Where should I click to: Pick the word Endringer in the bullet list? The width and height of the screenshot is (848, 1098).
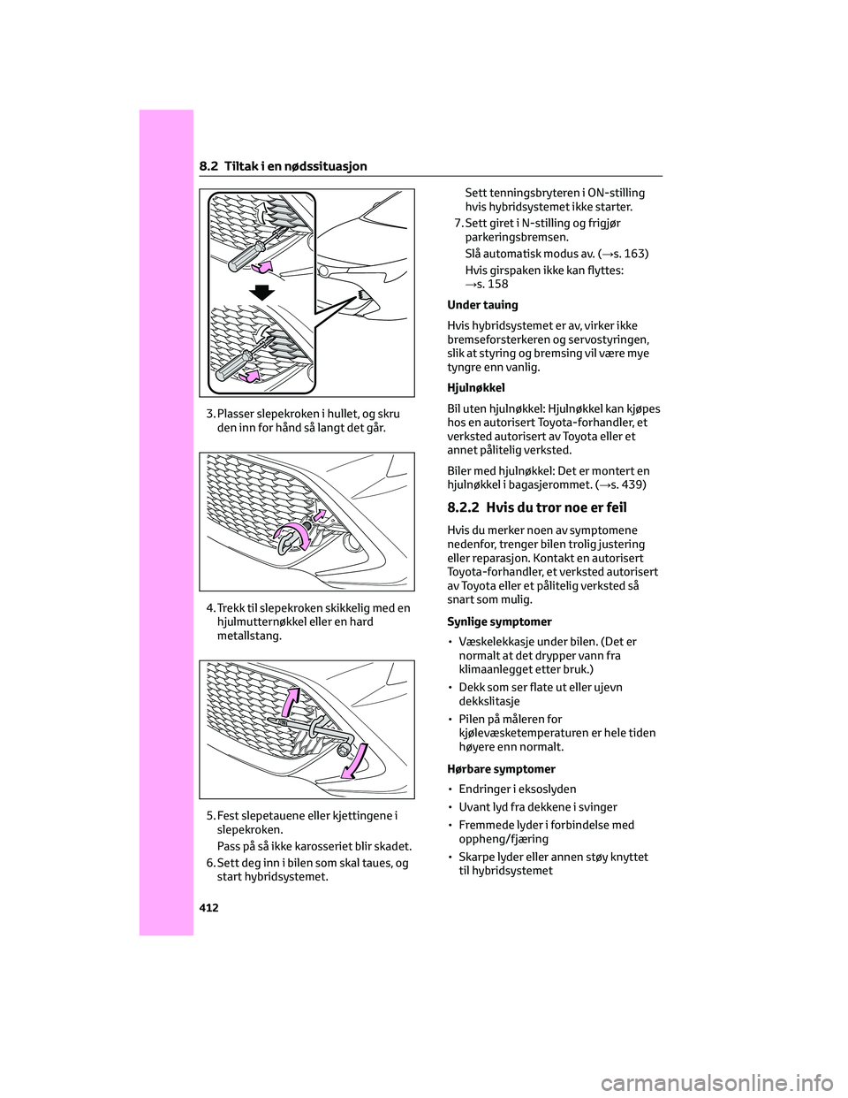[x=488, y=789]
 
